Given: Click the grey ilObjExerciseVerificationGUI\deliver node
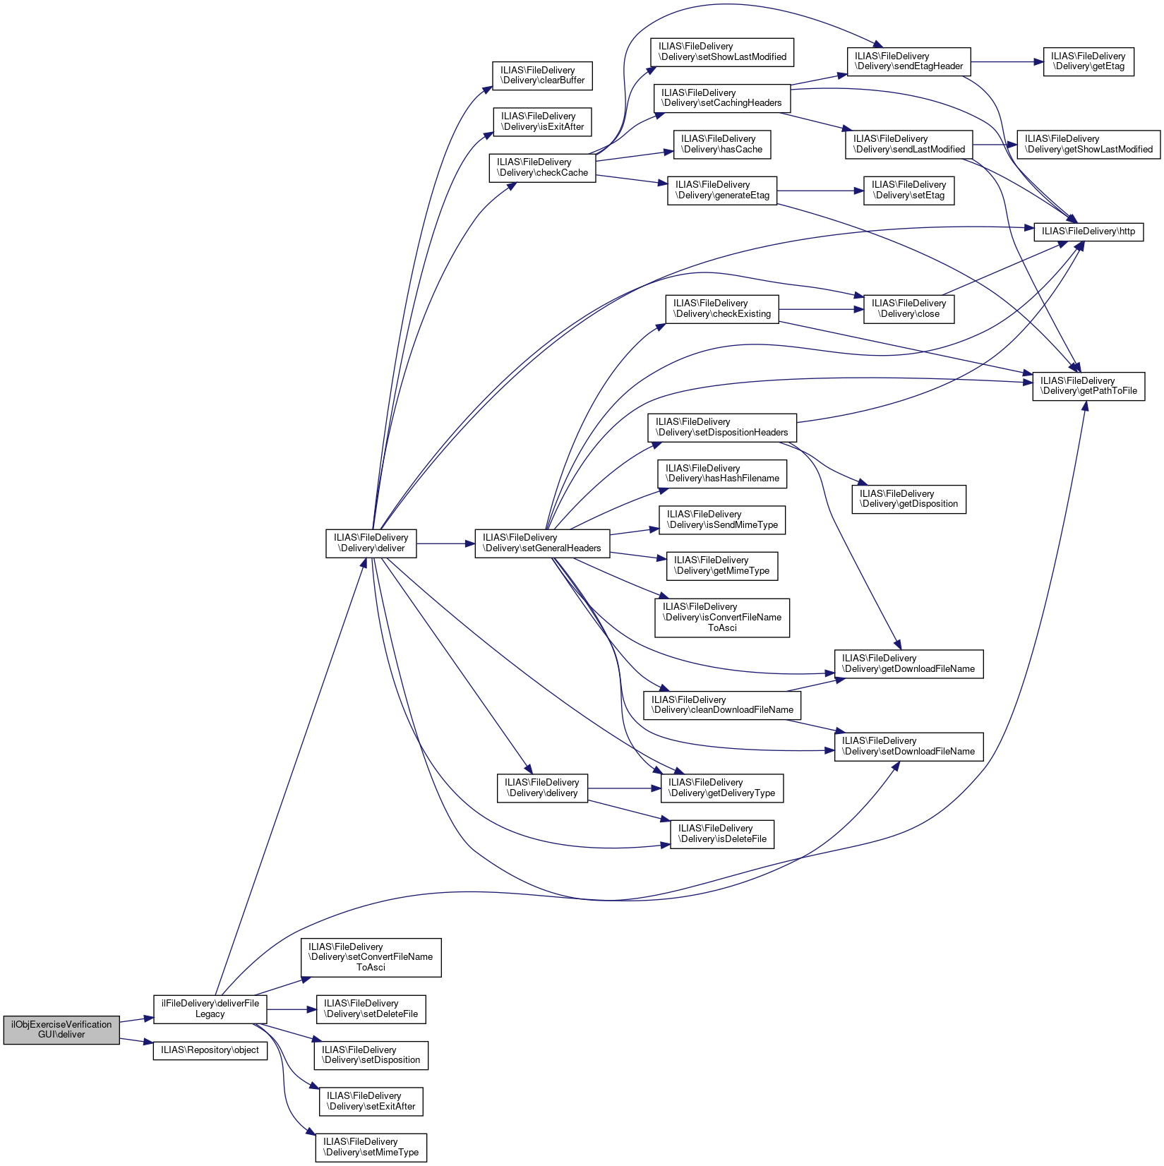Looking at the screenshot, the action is point(61,1030).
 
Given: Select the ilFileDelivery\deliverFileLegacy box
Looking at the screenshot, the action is point(210,1009).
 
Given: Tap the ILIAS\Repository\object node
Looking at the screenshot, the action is point(210,1050).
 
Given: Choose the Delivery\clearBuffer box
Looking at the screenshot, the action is point(542,76).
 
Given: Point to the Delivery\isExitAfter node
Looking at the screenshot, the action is point(542,121).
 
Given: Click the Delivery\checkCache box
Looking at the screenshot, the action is point(542,167).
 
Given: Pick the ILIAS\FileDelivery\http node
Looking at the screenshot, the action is point(1088,232).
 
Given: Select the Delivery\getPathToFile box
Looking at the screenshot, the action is point(1088,386).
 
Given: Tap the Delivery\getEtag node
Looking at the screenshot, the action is point(1088,61).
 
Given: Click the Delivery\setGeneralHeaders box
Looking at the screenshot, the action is point(542,543).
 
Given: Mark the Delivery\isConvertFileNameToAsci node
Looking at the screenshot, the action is point(722,618).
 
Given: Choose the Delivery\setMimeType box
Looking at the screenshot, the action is point(371,1148).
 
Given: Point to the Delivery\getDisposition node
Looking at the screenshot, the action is point(909,499).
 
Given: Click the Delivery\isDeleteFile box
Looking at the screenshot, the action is point(722,834).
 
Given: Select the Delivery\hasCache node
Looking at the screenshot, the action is point(722,144).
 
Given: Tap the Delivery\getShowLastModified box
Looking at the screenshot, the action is point(1088,144).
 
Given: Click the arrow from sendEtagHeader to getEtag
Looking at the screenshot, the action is point(1007,62).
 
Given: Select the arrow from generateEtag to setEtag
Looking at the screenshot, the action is point(820,191).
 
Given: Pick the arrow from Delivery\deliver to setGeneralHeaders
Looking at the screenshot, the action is point(445,543).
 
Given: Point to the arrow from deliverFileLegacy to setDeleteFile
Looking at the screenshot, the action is point(292,1010).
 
